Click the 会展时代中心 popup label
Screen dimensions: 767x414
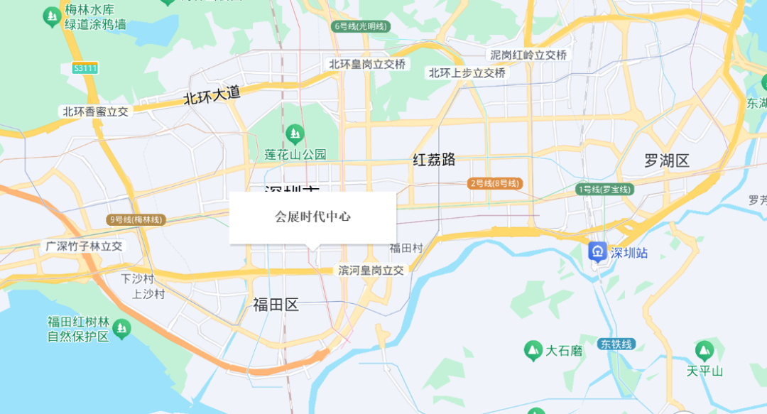click(312, 217)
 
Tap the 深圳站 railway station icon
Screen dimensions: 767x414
click(598, 252)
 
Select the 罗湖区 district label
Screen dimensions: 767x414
click(667, 160)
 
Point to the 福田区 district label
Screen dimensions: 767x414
click(276, 305)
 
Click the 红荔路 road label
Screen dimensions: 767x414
click(434, 159)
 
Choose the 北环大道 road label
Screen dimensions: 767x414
click(212, 95)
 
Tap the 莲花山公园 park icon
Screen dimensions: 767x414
click(294, 133)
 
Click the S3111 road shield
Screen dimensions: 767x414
click(85, 68)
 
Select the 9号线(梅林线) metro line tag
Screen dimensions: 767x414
click(136, 220)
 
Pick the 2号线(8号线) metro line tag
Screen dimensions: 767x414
click(495, 183)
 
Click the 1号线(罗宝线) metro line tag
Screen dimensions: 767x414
click(604, 190)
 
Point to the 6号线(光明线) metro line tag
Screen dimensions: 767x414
click(361, 26)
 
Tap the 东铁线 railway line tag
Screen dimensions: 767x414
click(615, 344)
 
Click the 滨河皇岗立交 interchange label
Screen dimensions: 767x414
click(371, 270)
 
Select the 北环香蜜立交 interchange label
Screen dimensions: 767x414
click(95, 111)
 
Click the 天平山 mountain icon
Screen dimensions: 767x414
click(704, 350)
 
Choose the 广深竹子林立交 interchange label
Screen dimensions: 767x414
click(84, 246)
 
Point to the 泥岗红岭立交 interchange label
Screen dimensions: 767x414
click(528, 55)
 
